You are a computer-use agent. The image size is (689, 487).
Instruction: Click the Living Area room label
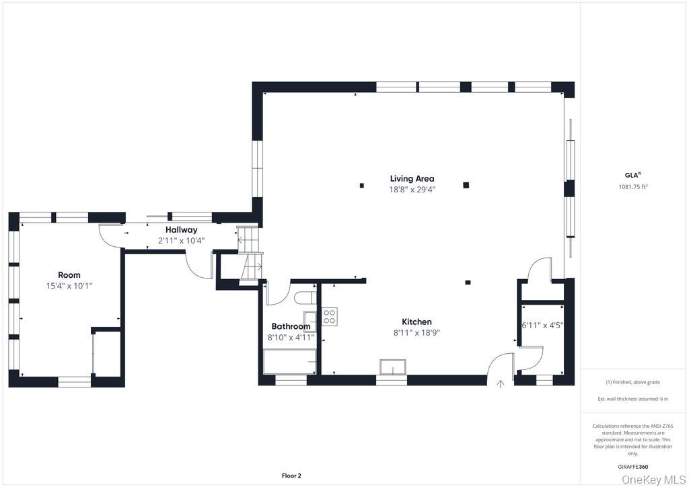(412, 178)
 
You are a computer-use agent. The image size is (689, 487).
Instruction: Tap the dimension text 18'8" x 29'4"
(412, 189)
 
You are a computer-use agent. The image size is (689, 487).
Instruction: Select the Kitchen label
(416, 322)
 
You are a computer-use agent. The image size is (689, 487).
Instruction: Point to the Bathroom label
(291, 326)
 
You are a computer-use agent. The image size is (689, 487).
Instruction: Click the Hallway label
(182, 229)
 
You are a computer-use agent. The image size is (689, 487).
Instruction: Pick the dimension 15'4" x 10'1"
(69, 286)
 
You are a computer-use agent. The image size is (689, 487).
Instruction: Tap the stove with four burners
(330, 317)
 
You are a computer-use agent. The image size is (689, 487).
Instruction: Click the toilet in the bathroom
(305, 298)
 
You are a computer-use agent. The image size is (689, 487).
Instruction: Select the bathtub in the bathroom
(289, 361)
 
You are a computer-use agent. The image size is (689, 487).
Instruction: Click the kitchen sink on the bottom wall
(393, 367)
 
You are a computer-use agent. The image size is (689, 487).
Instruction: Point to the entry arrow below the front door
(500, 384)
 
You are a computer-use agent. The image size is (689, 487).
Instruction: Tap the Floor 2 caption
(291, 476)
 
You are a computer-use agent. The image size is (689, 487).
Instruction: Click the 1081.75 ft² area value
(633, 186)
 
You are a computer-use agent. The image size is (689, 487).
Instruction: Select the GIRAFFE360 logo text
(633, 467)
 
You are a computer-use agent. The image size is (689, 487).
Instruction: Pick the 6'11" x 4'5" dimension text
(542, 326)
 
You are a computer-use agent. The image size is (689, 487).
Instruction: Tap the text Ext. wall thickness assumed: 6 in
(632, 399)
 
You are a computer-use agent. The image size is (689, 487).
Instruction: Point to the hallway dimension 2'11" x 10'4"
(182, 241)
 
